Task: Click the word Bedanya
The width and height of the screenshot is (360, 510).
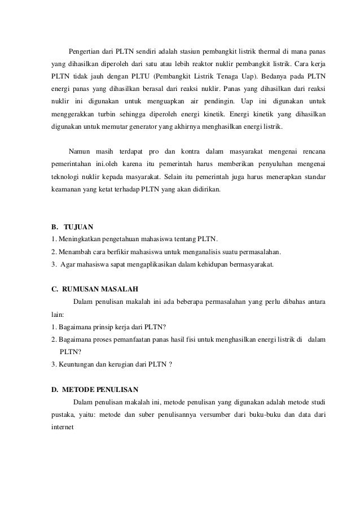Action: [276, 75]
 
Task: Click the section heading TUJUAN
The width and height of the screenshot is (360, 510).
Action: [78, 226]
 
